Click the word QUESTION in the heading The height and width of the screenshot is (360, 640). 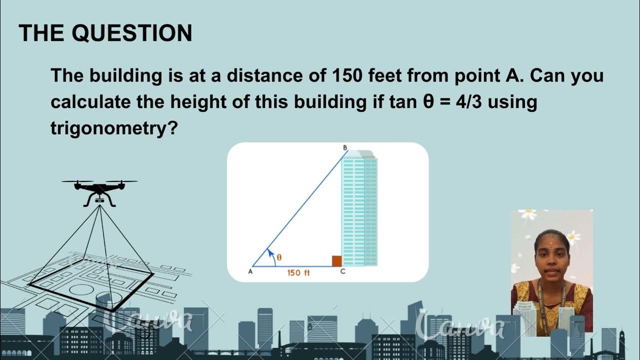[132, 33]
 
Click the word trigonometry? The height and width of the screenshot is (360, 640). [114, 128]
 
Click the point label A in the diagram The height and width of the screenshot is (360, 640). [250, 271]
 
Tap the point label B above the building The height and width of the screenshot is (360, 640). [344, 147]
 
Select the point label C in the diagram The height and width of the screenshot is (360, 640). [342, 271]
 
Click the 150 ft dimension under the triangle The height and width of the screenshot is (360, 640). [298, 273]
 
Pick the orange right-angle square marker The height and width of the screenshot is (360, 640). [336, 261]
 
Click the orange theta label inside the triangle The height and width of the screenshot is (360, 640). [279, 257]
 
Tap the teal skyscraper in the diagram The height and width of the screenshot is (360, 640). [359, 210]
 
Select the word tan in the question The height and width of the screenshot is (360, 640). [403, 102]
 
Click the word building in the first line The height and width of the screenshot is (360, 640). [126, 76]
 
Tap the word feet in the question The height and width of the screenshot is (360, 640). [386, 76]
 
